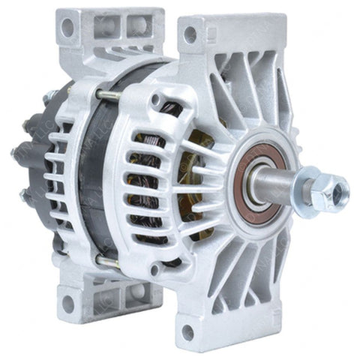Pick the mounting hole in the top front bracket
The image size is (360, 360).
pyautogui.click(x=190, y=34)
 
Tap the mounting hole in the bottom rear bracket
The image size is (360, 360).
pyautogui.click(x=68, y=304)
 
